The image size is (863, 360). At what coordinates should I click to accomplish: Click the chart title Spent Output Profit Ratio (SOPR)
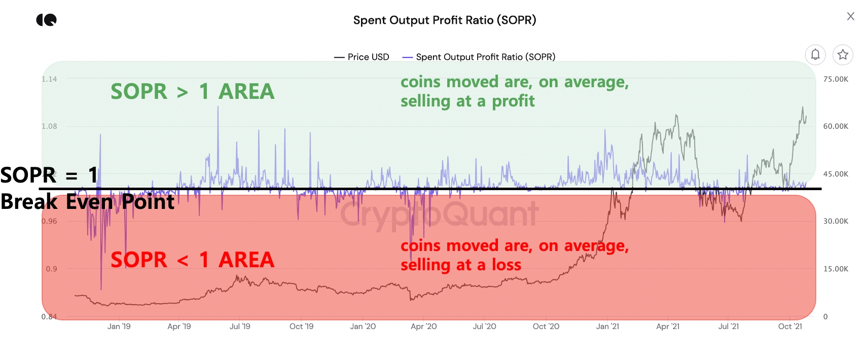point(445,20)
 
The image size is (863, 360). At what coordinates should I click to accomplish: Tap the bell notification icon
point(815,54)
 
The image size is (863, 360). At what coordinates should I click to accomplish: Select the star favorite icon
point(843,54)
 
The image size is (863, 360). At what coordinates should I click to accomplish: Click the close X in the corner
point(851,16)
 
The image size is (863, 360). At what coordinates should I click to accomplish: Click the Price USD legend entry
point(362,57)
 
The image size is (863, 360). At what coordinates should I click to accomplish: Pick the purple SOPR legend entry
point(479,57)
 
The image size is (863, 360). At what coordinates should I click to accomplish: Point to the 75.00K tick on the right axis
point(836,79)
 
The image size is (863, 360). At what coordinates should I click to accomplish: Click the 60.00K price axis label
point(836,126)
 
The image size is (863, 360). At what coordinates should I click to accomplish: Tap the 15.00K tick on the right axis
point(836,269)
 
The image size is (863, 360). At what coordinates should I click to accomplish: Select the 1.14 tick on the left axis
point(49,79)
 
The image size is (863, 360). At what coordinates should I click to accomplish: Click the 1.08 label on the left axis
point(49,126)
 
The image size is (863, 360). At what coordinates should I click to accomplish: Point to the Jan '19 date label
point(119,327)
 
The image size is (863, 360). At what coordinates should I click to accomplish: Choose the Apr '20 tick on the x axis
point(423,327)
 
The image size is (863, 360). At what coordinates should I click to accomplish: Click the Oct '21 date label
point(790,327)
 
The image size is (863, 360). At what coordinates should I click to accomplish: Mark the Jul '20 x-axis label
point(484,327)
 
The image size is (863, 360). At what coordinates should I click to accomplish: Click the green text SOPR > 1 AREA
point(193,92)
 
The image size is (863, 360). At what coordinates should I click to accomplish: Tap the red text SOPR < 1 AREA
point(193,260)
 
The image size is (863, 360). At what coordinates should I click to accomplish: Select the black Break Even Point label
point(87,202)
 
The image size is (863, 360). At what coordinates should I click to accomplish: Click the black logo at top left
point(46,20)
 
